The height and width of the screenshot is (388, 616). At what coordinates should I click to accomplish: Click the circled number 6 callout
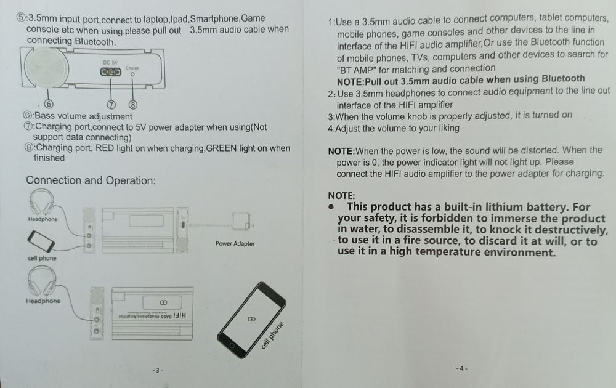pyautogui.click(x=48, y=104)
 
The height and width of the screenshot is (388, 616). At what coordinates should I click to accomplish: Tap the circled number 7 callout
pyautogui.click(x=111, y=105)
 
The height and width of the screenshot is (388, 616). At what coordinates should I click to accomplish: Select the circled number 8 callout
pyautogui.click(x=133, y=105)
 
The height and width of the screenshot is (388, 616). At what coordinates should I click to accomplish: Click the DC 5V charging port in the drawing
pyautogui.click(x=111, y=72)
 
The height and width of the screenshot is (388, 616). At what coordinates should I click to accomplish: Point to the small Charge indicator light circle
pyautogui.click(x=132, y=75)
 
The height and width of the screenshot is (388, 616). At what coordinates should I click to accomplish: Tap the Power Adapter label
pyautogui.click(x=235, y=243)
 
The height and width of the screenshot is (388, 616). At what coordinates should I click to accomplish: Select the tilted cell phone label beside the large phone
pyautogui.click(x=272, y=336)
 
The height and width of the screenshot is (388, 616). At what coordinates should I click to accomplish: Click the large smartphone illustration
pyautogui.click(x=251, y=320)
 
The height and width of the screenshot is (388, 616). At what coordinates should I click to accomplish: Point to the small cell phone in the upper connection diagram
pyautogui.click(x=41, y=241)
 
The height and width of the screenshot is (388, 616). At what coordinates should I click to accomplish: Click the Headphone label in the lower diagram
pyautogui.click(x=43, y=301)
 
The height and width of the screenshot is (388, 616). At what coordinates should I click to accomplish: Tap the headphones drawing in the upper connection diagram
pyautogui.click(x=42, y=201)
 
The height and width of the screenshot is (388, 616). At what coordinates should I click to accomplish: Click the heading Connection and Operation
pyautogui.click(x=91, y=180)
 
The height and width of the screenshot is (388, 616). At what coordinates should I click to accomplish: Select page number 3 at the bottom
pyautogui.click(x=158, y=370)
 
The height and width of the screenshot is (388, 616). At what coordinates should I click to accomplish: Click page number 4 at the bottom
pyautogui.click(x=461, y=368)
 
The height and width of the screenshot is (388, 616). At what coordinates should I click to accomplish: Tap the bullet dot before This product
pyautogui.click(x=332, y=206)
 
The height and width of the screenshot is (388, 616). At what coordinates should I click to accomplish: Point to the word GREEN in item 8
pyautogui.click(x=221, y=148)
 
